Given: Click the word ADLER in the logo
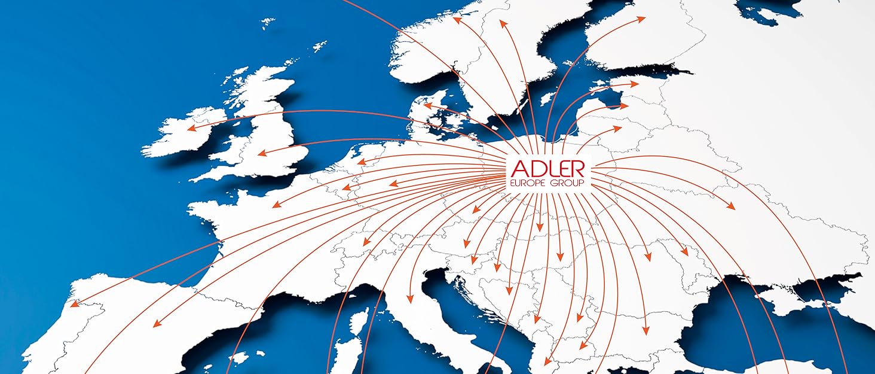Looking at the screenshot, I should (x=548, y=168).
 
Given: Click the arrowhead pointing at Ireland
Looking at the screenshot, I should (x=190, y=128).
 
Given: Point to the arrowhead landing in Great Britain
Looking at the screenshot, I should (x=261, y=154).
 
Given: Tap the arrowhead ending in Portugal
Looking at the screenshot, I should (x=74, y=305).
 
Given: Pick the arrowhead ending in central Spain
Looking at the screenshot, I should (x=157, y=324).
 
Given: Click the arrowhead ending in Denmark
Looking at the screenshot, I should (x=426, y=106).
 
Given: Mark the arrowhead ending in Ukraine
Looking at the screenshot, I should (x=731, y=207).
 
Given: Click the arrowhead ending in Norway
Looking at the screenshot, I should (x=457, y=19).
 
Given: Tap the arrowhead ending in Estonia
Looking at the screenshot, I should (x=635, y=84).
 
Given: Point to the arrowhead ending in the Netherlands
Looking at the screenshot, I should (x=360, y=162).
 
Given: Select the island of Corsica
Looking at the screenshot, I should (x=361, y=321).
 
